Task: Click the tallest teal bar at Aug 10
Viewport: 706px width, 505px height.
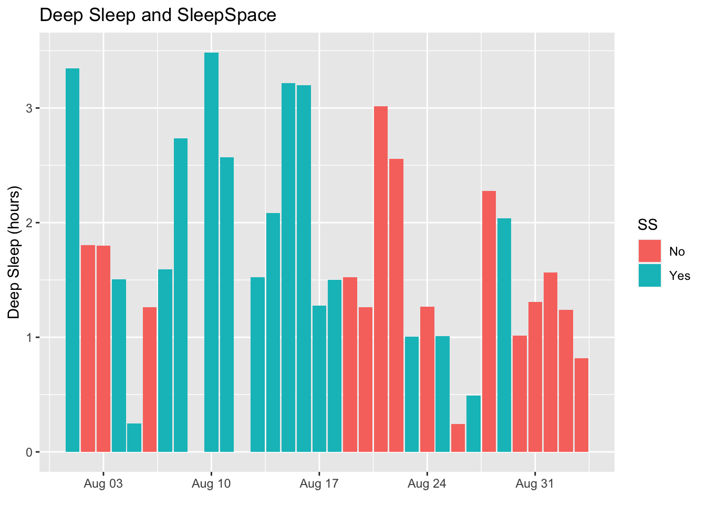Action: coord(211,252)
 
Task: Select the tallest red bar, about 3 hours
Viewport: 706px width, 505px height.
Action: coord(381,279)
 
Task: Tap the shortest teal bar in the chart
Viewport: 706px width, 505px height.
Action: coord(134,438)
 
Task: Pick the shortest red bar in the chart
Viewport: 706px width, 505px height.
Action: coord(458,438)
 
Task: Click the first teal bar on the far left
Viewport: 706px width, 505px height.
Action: coord(72,260)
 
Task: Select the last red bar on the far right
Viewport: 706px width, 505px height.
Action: coord(581,405)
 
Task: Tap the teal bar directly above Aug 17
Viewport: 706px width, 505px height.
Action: coord(319,379)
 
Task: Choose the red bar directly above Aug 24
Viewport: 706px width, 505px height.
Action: coord(427,379)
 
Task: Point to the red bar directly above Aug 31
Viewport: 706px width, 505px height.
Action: coord(535,377)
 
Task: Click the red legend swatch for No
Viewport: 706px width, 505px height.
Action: coord(650,251)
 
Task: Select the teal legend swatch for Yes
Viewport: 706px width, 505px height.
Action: coord(650,276)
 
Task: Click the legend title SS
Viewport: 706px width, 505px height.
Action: coord(647,225)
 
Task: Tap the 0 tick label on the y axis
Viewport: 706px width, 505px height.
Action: coord(29,452)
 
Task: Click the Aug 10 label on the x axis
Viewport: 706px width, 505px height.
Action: coord(211,484)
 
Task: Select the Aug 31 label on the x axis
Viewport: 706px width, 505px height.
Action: coord(535,484)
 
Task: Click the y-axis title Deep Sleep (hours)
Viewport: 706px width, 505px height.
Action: coord(14,252)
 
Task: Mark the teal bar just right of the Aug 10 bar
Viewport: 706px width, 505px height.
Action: coord(227,305)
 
